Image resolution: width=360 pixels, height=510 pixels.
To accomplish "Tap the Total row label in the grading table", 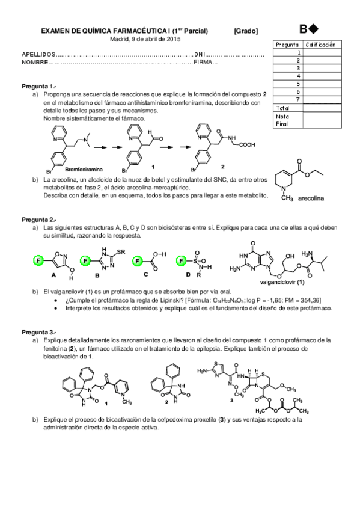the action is [x=282, y=107].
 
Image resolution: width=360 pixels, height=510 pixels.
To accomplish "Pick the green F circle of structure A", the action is [x=38, y=260].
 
